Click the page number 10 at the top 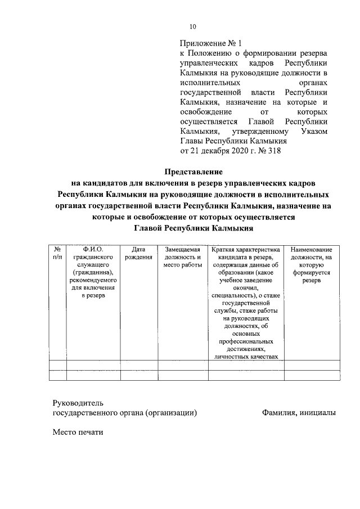tap(193, 26)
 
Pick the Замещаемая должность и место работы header tap(182, 257)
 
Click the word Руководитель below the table tap(78, 403)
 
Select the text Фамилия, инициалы tap(299, 413)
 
